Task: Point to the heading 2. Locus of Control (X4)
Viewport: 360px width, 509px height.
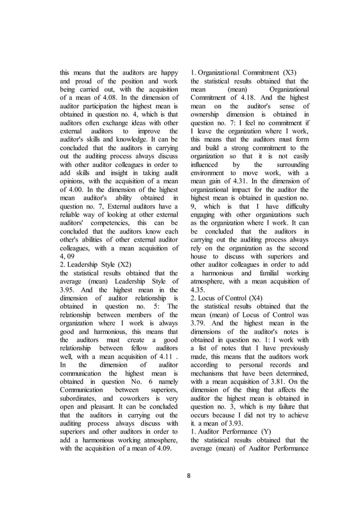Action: (x=232, y=297)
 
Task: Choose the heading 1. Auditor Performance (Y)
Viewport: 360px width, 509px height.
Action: (x=231, y=431)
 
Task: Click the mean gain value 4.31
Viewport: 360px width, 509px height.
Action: (x=238, y=165)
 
